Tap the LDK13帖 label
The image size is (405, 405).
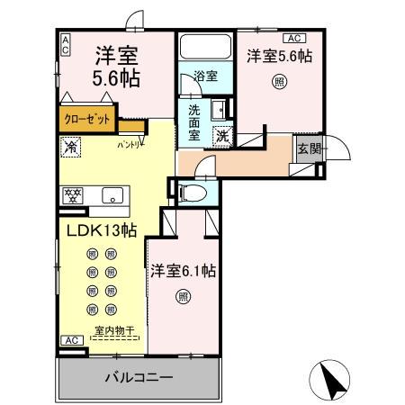[100, 230]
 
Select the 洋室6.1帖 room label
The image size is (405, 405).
[183, 270]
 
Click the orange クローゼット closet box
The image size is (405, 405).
[87, 117]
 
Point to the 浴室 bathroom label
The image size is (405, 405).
[205, 76]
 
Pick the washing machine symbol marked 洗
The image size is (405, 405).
[221, 137]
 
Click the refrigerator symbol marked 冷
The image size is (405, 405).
[69, 144]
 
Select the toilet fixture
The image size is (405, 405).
[191, 192]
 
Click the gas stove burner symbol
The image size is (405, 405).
[73, 194]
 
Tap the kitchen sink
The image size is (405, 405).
[113, 194]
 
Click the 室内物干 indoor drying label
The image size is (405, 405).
[114, 331]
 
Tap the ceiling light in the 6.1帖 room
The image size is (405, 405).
[183, 294]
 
